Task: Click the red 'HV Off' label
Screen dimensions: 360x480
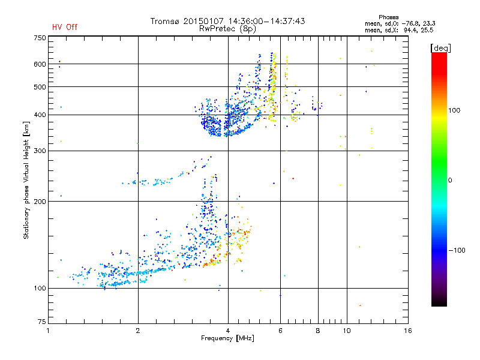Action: click(64, 27)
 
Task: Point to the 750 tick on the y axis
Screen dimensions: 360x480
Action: click(39, 37)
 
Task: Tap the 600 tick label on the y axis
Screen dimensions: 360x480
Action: click(39, 64)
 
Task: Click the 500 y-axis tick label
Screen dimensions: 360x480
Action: click(39, 86)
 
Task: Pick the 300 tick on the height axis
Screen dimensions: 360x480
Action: click(39, 151)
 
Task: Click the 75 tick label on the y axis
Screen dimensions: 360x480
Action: click(41, 324)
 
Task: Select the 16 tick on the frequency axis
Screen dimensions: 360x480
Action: click(407, 331)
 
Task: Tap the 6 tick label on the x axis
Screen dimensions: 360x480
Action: click(280, 331)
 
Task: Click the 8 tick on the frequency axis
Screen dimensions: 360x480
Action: click(318, 331)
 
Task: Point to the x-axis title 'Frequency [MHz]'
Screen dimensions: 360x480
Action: click(227, 338)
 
